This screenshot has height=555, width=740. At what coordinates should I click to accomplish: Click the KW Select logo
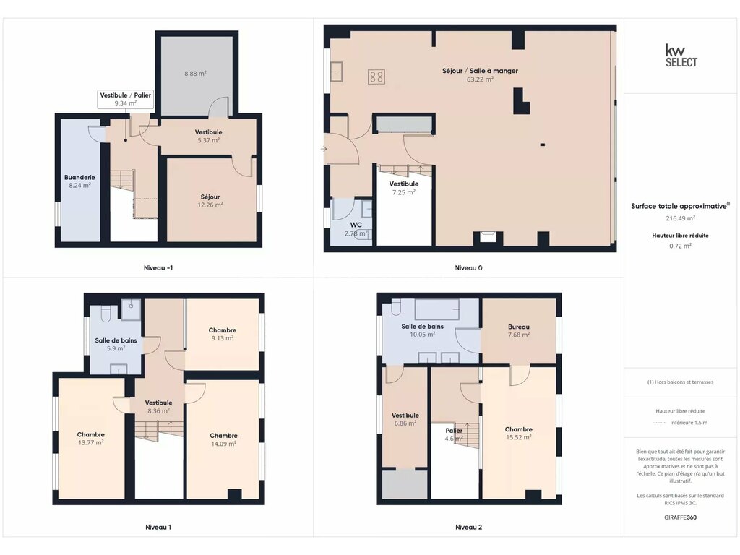point(681,56)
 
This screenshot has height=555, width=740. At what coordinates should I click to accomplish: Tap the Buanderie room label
point(79,178)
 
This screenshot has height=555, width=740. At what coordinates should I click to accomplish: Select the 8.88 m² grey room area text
point(195,74)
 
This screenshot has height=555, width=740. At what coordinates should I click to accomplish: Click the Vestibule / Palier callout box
point(126,99)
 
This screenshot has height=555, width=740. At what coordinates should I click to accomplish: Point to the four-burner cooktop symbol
point(377,77)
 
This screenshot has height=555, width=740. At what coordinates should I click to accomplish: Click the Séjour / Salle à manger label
point(480,71)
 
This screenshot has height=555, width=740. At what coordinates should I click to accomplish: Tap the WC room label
point(356,225)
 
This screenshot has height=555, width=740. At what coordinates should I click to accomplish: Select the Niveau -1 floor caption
point(158,267)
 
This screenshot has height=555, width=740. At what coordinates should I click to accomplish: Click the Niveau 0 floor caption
point(468,267)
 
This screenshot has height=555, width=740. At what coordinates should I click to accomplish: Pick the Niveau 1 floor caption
point(158,527)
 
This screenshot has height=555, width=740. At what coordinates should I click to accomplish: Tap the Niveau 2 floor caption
point(468,527)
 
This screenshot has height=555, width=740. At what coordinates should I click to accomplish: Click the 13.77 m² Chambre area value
point(90,443)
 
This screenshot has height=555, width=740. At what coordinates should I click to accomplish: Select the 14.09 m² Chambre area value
point(224,444)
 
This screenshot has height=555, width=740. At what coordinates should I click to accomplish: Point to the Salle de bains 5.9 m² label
point(116,345)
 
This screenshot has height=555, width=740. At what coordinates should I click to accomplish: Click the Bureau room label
point(519,327)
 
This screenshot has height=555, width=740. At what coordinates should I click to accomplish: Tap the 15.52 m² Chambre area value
point(519,437)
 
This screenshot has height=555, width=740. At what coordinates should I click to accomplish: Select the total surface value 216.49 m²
point(680,218)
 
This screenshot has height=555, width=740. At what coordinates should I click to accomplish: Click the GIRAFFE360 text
point(680,517)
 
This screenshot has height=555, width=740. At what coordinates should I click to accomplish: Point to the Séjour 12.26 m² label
point(210,201)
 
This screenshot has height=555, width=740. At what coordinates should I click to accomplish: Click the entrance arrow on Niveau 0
point(324,149)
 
